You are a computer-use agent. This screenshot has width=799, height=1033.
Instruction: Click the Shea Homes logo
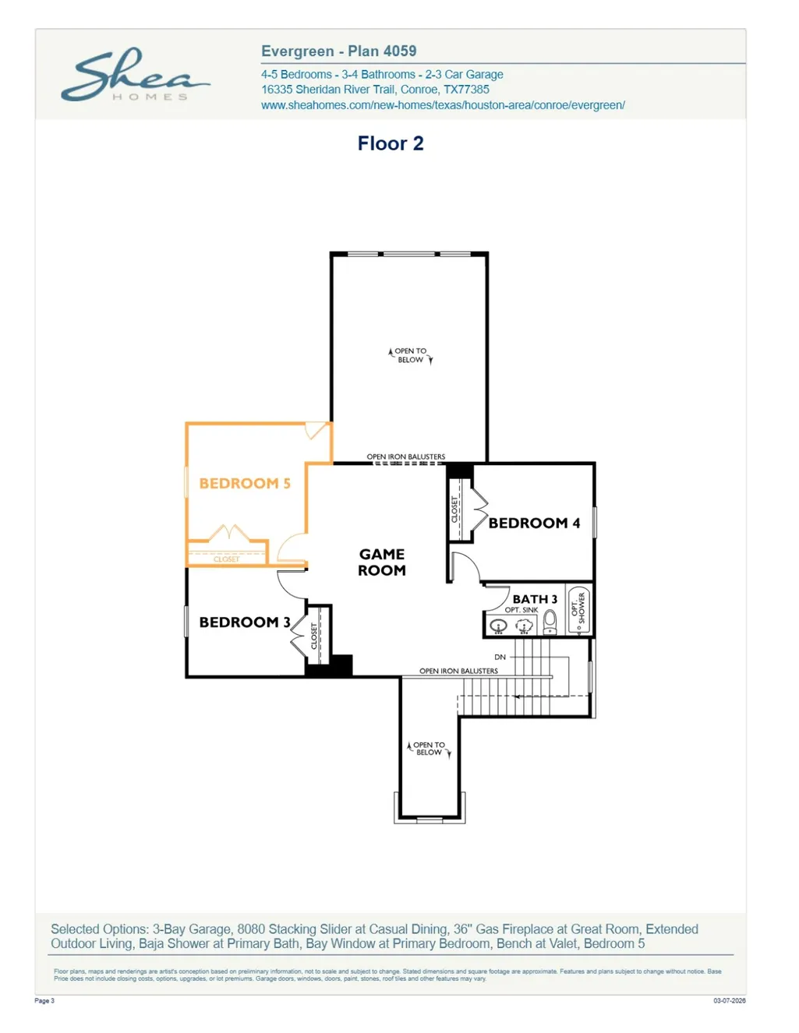(x=136, y=75)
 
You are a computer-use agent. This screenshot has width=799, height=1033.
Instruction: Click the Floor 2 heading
(x=391, y=143)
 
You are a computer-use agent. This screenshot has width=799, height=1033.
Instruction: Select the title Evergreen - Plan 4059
(x=338, y=51)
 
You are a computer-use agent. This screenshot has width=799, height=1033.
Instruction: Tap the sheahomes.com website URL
(x=443, y=105)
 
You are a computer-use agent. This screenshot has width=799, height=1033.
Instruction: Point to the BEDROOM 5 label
(x=245, y=484)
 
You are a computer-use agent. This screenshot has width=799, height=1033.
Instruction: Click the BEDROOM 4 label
(x=534, y=523)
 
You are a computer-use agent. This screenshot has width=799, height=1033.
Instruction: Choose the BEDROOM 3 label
(x=245, y=622)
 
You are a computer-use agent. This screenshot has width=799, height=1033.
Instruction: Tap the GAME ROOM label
(x=382, y=562)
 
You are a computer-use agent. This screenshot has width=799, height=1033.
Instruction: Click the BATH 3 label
(x=535, y=599)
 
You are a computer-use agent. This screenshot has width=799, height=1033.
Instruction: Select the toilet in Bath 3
(x=550, y=622)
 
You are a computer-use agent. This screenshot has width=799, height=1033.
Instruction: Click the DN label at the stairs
(x=500, y=657)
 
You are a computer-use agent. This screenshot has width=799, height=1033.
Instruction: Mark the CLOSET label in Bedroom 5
(x=226, y=559)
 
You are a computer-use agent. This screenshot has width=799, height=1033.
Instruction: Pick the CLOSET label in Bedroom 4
(x=454, y=509)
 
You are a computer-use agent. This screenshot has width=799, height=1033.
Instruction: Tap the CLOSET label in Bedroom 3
(x=314, y=636)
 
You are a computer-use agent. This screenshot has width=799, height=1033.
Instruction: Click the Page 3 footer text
(x=44, y=1001)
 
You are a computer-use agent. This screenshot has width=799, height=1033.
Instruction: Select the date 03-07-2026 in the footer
(x=730, y=1001)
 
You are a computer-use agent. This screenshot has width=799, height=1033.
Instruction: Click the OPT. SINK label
(x=521, y=610)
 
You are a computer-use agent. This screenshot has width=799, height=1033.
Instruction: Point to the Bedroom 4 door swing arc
(x=472, y=560)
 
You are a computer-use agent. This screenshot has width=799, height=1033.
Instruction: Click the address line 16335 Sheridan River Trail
(x=375, y=90)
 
